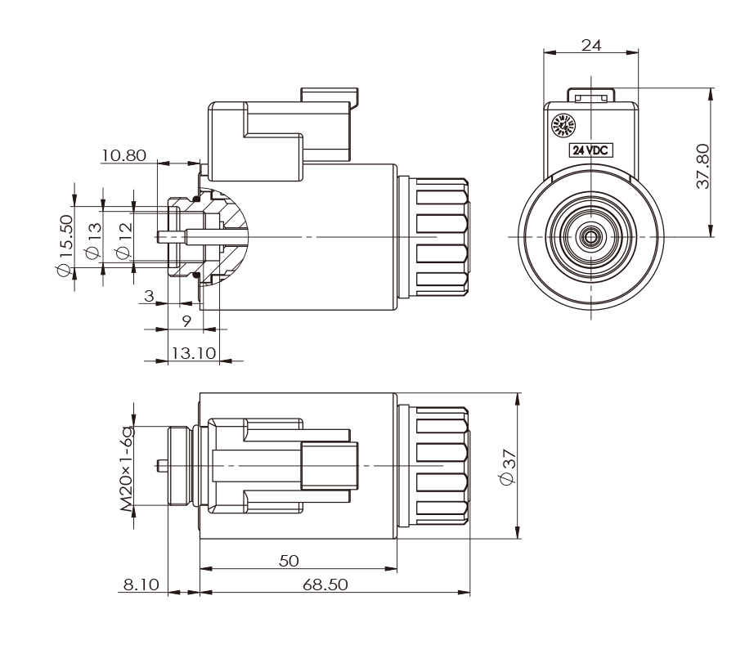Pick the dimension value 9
click(187, 321)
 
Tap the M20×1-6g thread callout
click(128, 468)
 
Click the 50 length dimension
click(288, 561)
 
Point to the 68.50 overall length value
click(326, 585)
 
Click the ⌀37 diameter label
click(507, 468)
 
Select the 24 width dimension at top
click(591, 46)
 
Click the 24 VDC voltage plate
click(591, 150)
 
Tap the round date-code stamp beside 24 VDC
click(564, 126)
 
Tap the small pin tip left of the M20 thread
click(159, 466)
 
